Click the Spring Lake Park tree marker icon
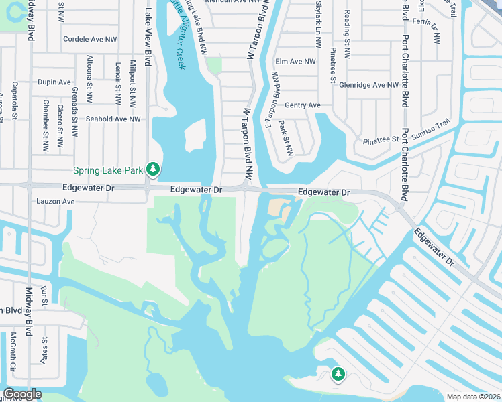153,170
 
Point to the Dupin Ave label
54,82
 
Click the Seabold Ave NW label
113,119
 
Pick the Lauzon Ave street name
55,200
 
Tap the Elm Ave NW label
295,62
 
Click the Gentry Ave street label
303,105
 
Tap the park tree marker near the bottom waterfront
338,374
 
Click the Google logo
21,395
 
